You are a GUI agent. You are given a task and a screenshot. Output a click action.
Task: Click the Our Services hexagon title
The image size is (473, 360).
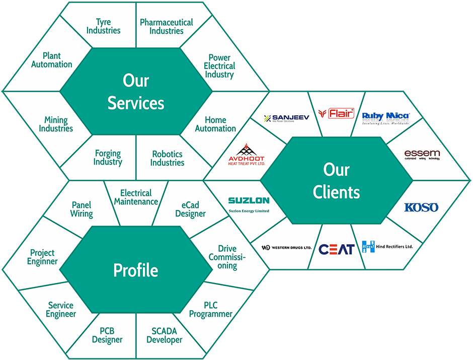[136, 92]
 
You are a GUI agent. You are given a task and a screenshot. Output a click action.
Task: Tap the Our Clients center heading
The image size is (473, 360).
[336, 181]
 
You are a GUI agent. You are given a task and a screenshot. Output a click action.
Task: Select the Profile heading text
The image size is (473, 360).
[135, 270]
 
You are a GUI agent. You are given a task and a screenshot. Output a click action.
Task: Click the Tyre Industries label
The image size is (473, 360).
[103, 26]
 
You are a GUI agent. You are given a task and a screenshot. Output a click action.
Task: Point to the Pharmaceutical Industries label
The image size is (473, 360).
[166, 27]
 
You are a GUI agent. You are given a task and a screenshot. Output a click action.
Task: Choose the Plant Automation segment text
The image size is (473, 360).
[51, 60]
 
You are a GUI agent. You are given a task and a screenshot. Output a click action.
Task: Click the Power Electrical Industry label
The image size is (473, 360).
[219, 66]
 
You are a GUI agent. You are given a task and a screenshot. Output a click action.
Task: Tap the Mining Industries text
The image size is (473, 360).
[56, 124]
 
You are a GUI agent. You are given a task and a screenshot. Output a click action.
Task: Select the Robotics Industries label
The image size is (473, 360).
[168, 158]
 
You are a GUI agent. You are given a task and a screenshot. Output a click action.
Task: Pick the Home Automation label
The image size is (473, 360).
[215, 124]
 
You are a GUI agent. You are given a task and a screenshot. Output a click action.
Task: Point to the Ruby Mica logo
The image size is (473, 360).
[386, 118]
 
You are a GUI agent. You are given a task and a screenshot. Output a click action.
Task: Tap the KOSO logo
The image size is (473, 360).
[421, 207]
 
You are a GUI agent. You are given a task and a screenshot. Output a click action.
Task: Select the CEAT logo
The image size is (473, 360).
[336, 249]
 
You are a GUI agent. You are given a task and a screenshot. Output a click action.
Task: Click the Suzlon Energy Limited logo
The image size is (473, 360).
[249, 204]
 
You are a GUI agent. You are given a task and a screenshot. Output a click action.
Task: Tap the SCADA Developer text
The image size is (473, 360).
[164, 335]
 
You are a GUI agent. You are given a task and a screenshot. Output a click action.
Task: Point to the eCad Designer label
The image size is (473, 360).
[190, 209]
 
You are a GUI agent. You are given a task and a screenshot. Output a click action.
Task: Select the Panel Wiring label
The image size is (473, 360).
[82, 209]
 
